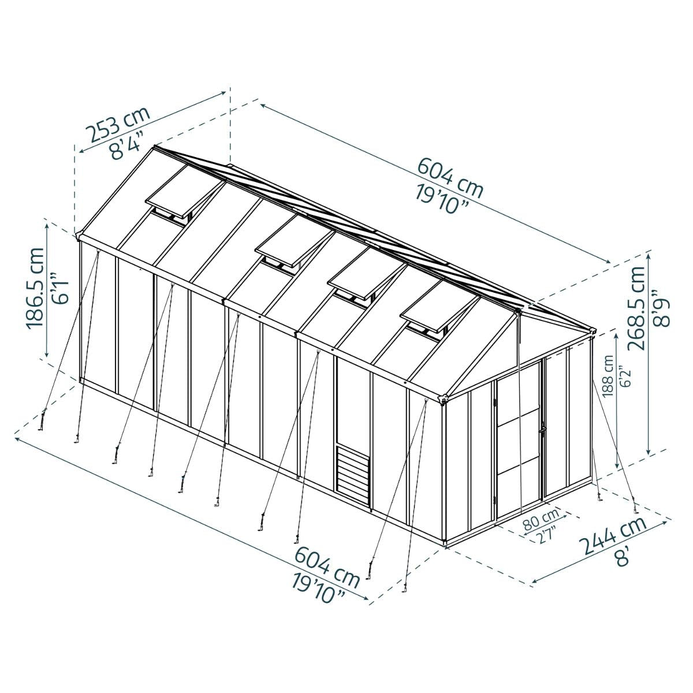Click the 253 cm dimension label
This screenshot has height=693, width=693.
tap(118, 124)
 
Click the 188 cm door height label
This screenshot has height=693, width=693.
tap(608, 375)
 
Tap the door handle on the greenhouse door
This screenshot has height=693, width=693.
tap(542, 430)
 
